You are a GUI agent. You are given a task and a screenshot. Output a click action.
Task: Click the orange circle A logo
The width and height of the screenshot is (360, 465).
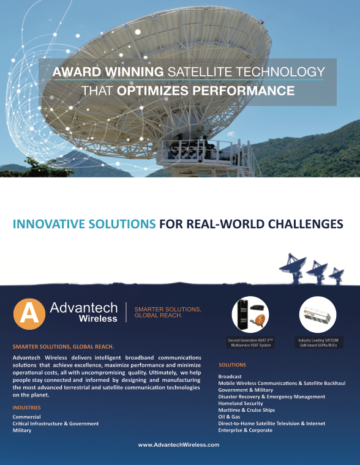pyautogui.click(x=29, y=314)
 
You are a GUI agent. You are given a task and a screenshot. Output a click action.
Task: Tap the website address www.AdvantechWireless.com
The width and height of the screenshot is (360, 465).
pyautogui.click(x=179, y=445)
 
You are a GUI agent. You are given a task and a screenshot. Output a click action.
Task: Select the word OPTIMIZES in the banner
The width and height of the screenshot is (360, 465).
pyautogui.click(x=152, y=91)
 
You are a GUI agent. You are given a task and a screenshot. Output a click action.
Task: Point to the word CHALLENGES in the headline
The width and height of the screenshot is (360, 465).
pyautogui.click(x=306, y=224)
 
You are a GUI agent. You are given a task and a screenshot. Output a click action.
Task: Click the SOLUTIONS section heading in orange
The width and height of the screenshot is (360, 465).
pyautogui.click(x=233, y=365)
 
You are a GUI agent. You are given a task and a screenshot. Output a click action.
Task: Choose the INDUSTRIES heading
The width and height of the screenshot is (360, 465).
pyautogui.click(x=27, y=407)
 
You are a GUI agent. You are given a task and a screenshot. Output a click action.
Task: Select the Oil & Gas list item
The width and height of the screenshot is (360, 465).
pyautogui.click(x=229, y=417)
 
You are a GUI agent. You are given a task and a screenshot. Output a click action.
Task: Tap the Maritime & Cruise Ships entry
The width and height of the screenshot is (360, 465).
pyautogui.click(x=247, y=410)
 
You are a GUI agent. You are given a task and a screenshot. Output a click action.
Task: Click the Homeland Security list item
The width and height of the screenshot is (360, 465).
pyautogui.click(x=241, y=403)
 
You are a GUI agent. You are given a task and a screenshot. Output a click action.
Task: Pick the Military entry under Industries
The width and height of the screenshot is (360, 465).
pyautogui.click(x=21, y=430)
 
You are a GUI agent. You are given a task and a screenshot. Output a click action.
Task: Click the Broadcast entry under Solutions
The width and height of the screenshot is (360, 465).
pyautogui.click(x=230, y=376)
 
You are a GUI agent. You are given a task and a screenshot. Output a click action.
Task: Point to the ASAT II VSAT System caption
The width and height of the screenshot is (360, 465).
pyautogui.click(x=250, y=343)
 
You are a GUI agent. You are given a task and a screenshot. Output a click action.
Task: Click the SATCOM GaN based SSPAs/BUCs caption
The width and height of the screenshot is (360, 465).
pyautogui.click(x=319, y=343)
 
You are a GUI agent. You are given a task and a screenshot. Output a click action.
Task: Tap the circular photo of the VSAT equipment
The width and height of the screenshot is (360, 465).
pyautogui.click(x=250, y=314)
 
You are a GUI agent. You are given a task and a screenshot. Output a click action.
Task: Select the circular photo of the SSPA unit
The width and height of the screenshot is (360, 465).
pyautogui.click(x=318, y=314)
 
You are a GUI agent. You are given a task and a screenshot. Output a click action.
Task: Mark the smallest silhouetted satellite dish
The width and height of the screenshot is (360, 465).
pyautogui.click(x=337, y=276)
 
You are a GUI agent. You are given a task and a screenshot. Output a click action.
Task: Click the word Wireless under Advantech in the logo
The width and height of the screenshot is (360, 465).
pyautogui.click(x=98, y=319)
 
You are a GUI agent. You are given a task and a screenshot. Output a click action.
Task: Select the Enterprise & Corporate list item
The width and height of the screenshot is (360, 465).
pyautogui.click(x=245, y=430)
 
